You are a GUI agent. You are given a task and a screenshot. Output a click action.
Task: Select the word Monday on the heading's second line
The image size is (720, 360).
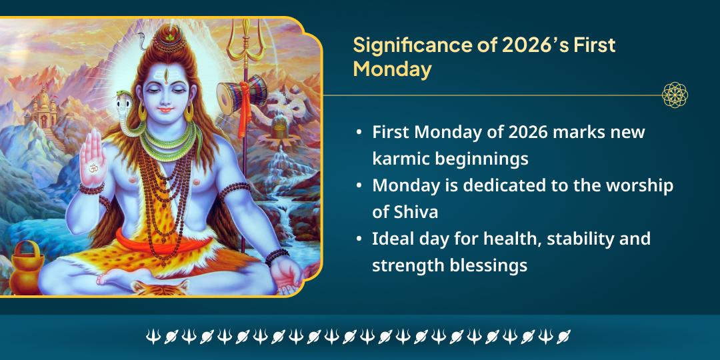click(392, 69)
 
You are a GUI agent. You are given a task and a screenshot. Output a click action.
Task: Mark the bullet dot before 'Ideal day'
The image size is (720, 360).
click(360, 239)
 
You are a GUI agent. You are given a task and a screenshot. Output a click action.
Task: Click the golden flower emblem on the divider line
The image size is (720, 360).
click(675, 95)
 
